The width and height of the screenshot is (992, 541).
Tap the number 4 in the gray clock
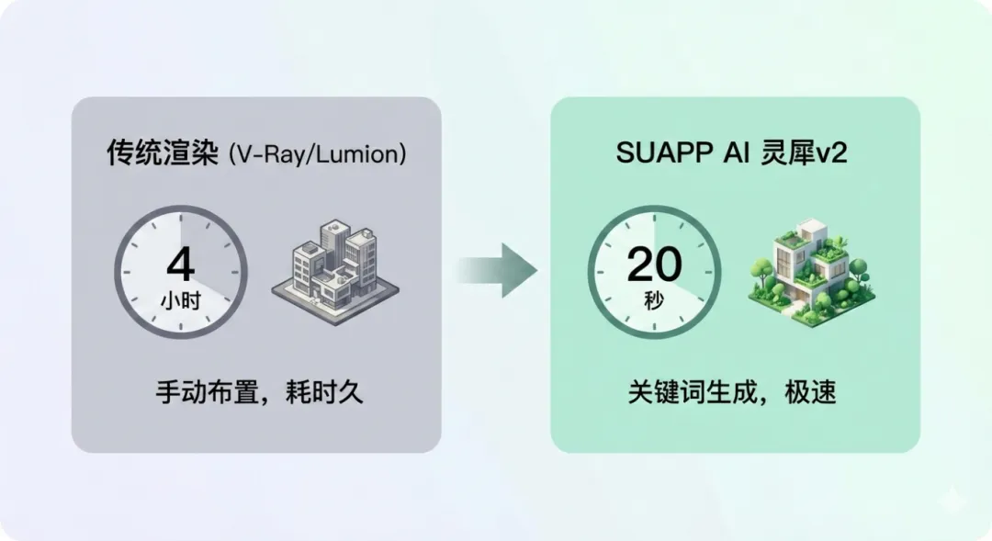click(x=181, y=265)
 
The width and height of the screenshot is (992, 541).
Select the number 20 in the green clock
click(x=654, y=265)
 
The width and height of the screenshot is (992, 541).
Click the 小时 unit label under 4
click(x=181, y=299)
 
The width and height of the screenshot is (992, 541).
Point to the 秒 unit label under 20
click(x=654, y=299)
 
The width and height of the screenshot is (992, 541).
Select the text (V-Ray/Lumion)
click(x=302, y=154)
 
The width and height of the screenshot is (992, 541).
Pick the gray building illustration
click(x=333, y=266)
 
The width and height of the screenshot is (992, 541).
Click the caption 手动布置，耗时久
click(x=258, y=394)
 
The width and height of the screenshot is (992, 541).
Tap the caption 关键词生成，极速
click(x=732, y=394)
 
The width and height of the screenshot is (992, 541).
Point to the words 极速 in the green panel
click(x=809, y=394)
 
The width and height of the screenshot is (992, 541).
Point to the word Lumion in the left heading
click(x=355, y=154)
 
